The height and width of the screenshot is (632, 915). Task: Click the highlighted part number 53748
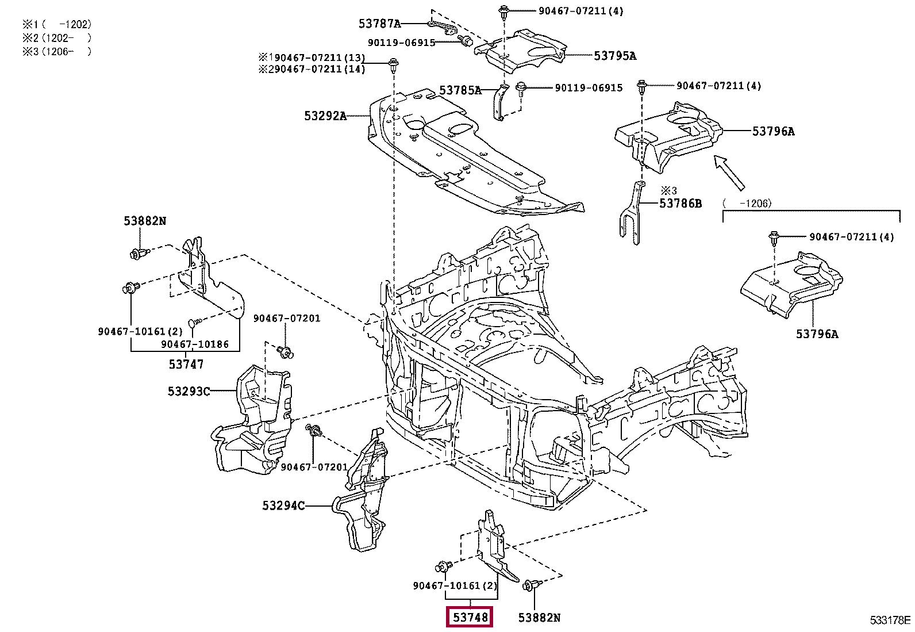point(470,617)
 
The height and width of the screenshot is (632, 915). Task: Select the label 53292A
point(325,116)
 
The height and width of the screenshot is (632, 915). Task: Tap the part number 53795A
point(615,56)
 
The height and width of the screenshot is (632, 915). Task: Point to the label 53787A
point(379,24)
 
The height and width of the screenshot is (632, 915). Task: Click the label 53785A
point(460,90)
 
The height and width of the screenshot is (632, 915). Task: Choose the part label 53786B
point(681,203)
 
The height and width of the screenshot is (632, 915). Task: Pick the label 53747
point(186,364)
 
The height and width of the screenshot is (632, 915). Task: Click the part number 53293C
point(189,391)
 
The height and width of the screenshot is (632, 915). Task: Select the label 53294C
point(283,505)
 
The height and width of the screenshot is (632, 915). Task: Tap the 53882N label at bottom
point(539,617)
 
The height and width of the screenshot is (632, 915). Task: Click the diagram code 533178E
point(890,620)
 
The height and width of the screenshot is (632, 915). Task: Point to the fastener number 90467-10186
point(194,344)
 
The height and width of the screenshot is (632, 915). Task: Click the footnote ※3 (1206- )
point(57,52)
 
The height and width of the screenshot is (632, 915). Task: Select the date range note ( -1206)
point(747,203)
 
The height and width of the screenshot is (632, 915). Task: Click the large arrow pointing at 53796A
point(729,173)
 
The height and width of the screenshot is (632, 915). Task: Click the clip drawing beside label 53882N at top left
point(139,253)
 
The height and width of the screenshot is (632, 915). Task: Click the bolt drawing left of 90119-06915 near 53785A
point(520,89)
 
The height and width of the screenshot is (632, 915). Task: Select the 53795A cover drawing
point(520,51)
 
